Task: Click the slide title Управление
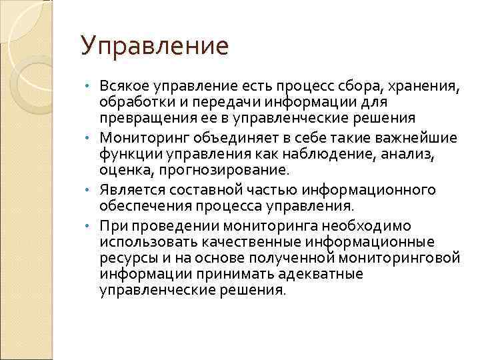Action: pos(154,47)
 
